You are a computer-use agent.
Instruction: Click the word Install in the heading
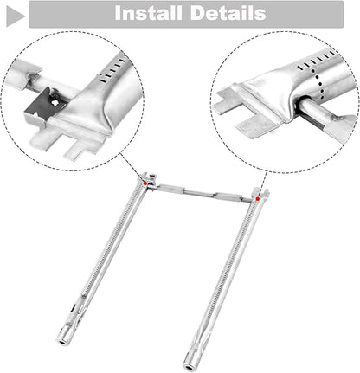pyautogui.click(x=148, y=13)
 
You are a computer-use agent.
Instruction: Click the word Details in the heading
pyautogui.click(x=228, y=13)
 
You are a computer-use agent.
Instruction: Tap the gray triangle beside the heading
pyautogui.click(x=15, y=16)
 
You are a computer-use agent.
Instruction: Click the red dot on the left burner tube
pyautogui.click(x=145, y=183)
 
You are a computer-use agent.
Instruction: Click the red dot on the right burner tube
pyautogui.click(x=258, y=199)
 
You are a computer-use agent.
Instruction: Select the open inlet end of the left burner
pyautogui.click(x=62, y=343)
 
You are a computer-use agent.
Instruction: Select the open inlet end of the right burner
pyautogui.click(x=189, y=367)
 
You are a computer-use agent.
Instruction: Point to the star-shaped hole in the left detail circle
pyautogui.click(x=54, y=102)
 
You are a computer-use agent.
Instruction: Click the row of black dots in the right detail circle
pyautogui.click(x=319, y=85)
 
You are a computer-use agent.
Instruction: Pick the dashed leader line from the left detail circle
pyautogui.click(x=132, y=168)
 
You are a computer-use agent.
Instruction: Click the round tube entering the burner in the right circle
pyautogui.click(x=315, y=111)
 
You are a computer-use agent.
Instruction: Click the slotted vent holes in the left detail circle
pyautogui.click(x=112, y=69)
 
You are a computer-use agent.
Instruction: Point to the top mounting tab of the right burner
pyautogui.click(x=260, y=193)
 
